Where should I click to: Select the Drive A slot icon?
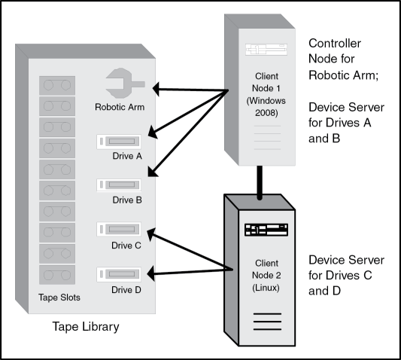119,142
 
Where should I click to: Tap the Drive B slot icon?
119,185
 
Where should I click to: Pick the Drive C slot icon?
119,229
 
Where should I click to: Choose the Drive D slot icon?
119,274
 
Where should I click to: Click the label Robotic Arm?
120,107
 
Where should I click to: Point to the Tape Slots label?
59,297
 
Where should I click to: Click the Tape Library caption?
86,327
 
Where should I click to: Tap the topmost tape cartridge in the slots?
57,85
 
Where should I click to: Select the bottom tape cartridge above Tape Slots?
57,275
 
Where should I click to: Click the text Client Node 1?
266,82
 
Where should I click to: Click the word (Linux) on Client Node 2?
266,288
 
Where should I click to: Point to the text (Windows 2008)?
266,107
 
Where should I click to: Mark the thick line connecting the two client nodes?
260,182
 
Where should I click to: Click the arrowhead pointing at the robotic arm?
156,89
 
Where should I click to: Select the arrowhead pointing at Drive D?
151,273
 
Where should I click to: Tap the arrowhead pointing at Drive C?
151,233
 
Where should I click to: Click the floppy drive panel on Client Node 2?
266,230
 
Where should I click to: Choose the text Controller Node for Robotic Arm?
343,59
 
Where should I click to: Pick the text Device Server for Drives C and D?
346,276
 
